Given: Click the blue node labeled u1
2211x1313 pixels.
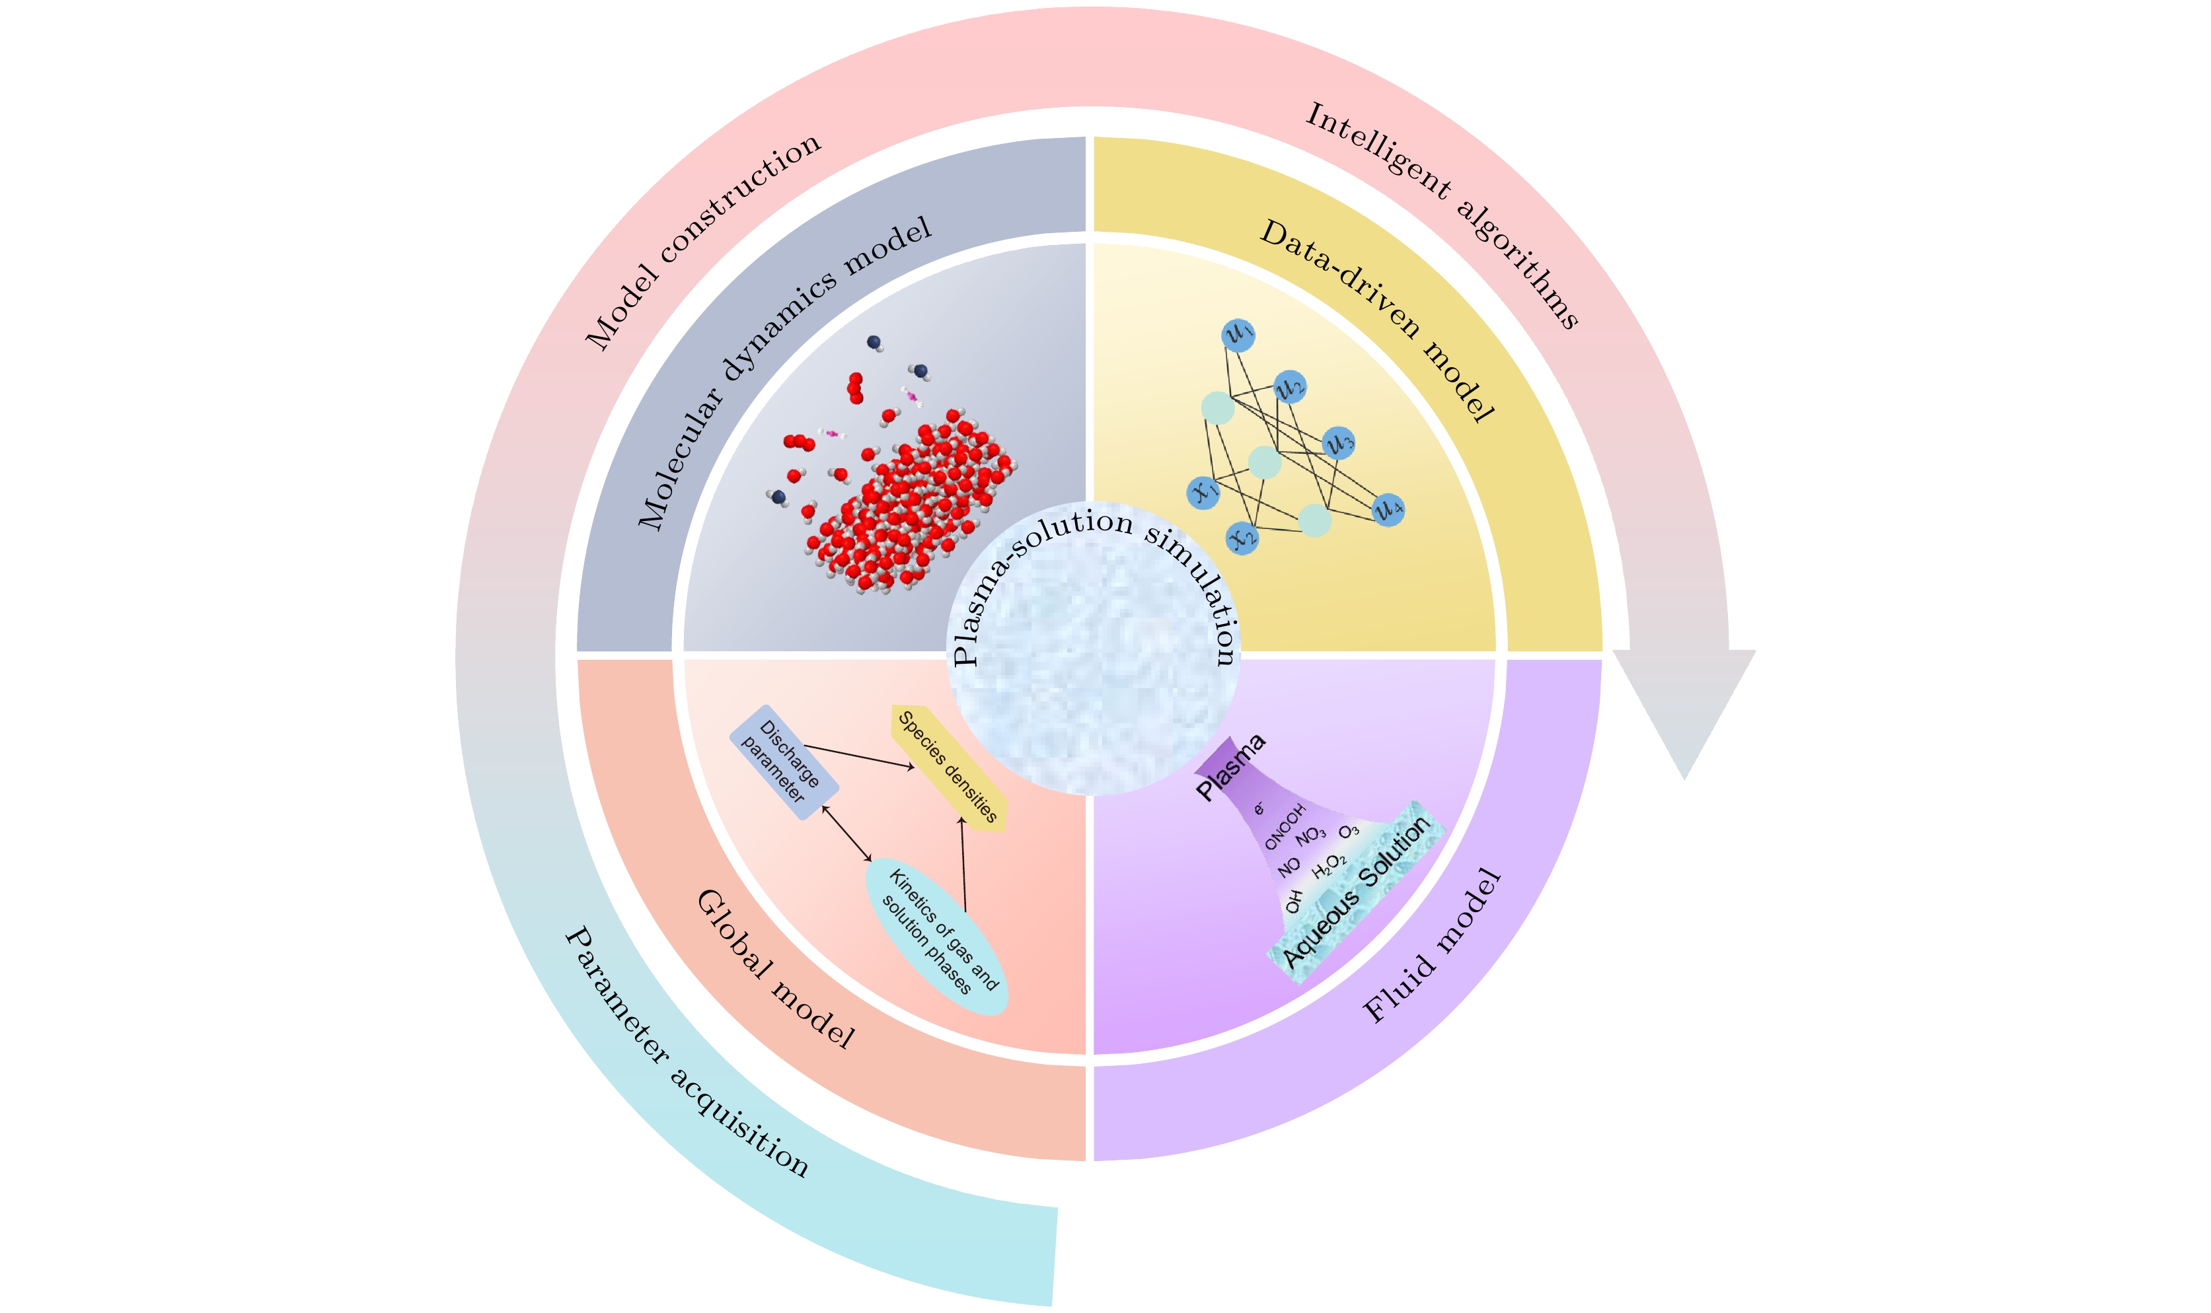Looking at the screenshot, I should click(x=1238, y=334).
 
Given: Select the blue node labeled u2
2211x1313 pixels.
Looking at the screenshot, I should click(x=1290, y=386).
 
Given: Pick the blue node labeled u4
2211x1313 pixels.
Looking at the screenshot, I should click(x=1388, y=509).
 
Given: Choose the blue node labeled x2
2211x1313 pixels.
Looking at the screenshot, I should click(x=1243, y=538).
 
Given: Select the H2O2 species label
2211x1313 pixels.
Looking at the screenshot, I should click(x=1329, y=866).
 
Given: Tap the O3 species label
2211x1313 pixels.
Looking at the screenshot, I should click(x=1348, y=831).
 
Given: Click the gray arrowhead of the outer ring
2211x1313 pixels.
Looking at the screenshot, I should click(x=1684, y=708).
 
